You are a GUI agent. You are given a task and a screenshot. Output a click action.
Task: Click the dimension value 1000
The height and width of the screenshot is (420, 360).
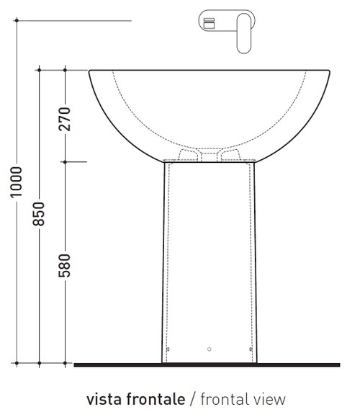pyautogui.click(x=16, y=181)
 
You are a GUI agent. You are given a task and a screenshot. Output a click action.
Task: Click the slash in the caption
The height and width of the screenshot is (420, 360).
pyautogui.click(x=192, y=398)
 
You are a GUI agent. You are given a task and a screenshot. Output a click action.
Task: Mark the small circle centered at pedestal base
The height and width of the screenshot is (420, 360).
pyautogui.click(x=209, y=349)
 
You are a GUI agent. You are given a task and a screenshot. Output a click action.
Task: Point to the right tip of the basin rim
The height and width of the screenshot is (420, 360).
pyautogui.click(x=330, y=71)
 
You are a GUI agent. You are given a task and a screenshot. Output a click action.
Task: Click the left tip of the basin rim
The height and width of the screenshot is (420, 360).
pyautogui.click(x=89, y=71)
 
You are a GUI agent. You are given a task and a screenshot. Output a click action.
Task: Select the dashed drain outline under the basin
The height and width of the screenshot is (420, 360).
pyautogui.click(x=209, y=153)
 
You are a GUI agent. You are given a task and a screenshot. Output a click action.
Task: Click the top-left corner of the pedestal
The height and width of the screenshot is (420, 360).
pyautogui.click(x=164, y=162)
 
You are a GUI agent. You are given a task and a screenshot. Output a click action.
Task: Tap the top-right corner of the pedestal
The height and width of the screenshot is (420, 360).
pyautogui.click(x=254, y=162)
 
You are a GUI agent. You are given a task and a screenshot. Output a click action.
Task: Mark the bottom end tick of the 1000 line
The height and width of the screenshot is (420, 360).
pyautogui.click(x=16, y=363)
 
